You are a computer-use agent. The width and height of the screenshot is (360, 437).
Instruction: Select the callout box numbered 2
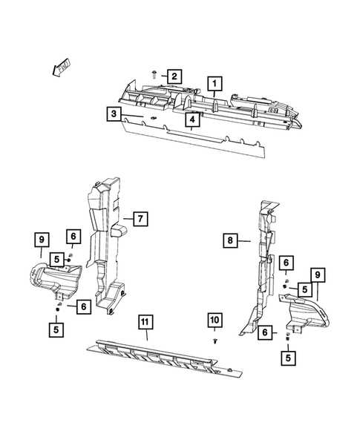(173, 76)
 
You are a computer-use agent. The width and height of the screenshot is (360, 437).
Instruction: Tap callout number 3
(114, 114)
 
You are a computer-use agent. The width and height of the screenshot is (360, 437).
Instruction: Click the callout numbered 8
(231, 240)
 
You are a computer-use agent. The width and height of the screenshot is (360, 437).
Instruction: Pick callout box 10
(215, 320)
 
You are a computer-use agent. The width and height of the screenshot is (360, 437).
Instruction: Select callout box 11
(145, 321)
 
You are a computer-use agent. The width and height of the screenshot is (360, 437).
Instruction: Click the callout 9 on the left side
(42, 239)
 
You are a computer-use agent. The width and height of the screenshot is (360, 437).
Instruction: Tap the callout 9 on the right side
(318, 276)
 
